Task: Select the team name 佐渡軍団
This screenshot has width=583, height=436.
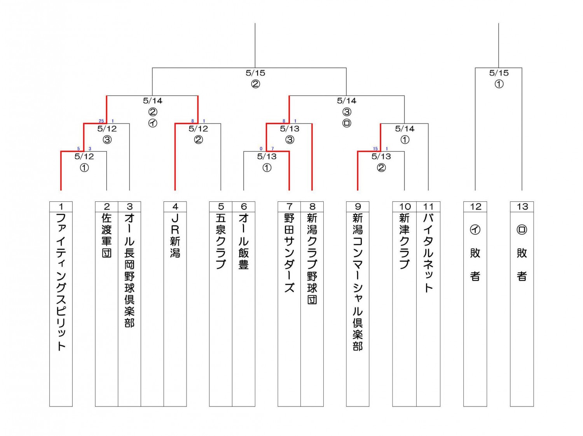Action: coord(106,236)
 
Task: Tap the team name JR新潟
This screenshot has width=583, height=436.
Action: coord(175,236)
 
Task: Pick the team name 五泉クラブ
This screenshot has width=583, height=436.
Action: coord(221,241)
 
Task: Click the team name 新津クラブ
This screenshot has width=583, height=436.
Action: coord(404,241)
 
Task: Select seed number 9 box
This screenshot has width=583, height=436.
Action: coord(358,206)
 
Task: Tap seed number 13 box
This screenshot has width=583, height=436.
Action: coord(522,206)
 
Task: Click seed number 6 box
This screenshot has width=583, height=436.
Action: coord(244,206)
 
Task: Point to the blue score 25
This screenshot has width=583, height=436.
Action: coord(101,121)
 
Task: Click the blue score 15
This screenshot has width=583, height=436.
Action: coord(375,149)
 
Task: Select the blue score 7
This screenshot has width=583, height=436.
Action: coord(272,149)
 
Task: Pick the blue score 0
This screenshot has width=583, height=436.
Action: coord(261,149)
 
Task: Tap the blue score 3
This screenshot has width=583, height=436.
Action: coord(90,149)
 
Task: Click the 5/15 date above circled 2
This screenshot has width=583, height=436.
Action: coord(255,73)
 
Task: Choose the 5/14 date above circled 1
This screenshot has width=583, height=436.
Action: coord(405,129)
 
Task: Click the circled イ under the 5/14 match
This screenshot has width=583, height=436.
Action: coord(152,123)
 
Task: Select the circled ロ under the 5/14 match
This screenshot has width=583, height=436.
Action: coord(347,123)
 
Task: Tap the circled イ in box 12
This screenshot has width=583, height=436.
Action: coord(475,230)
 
